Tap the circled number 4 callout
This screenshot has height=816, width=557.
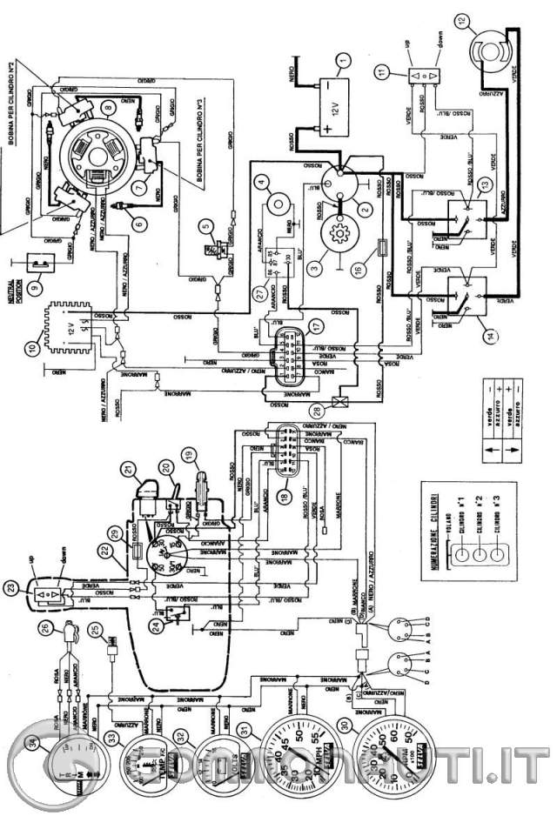tap(260, 183)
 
